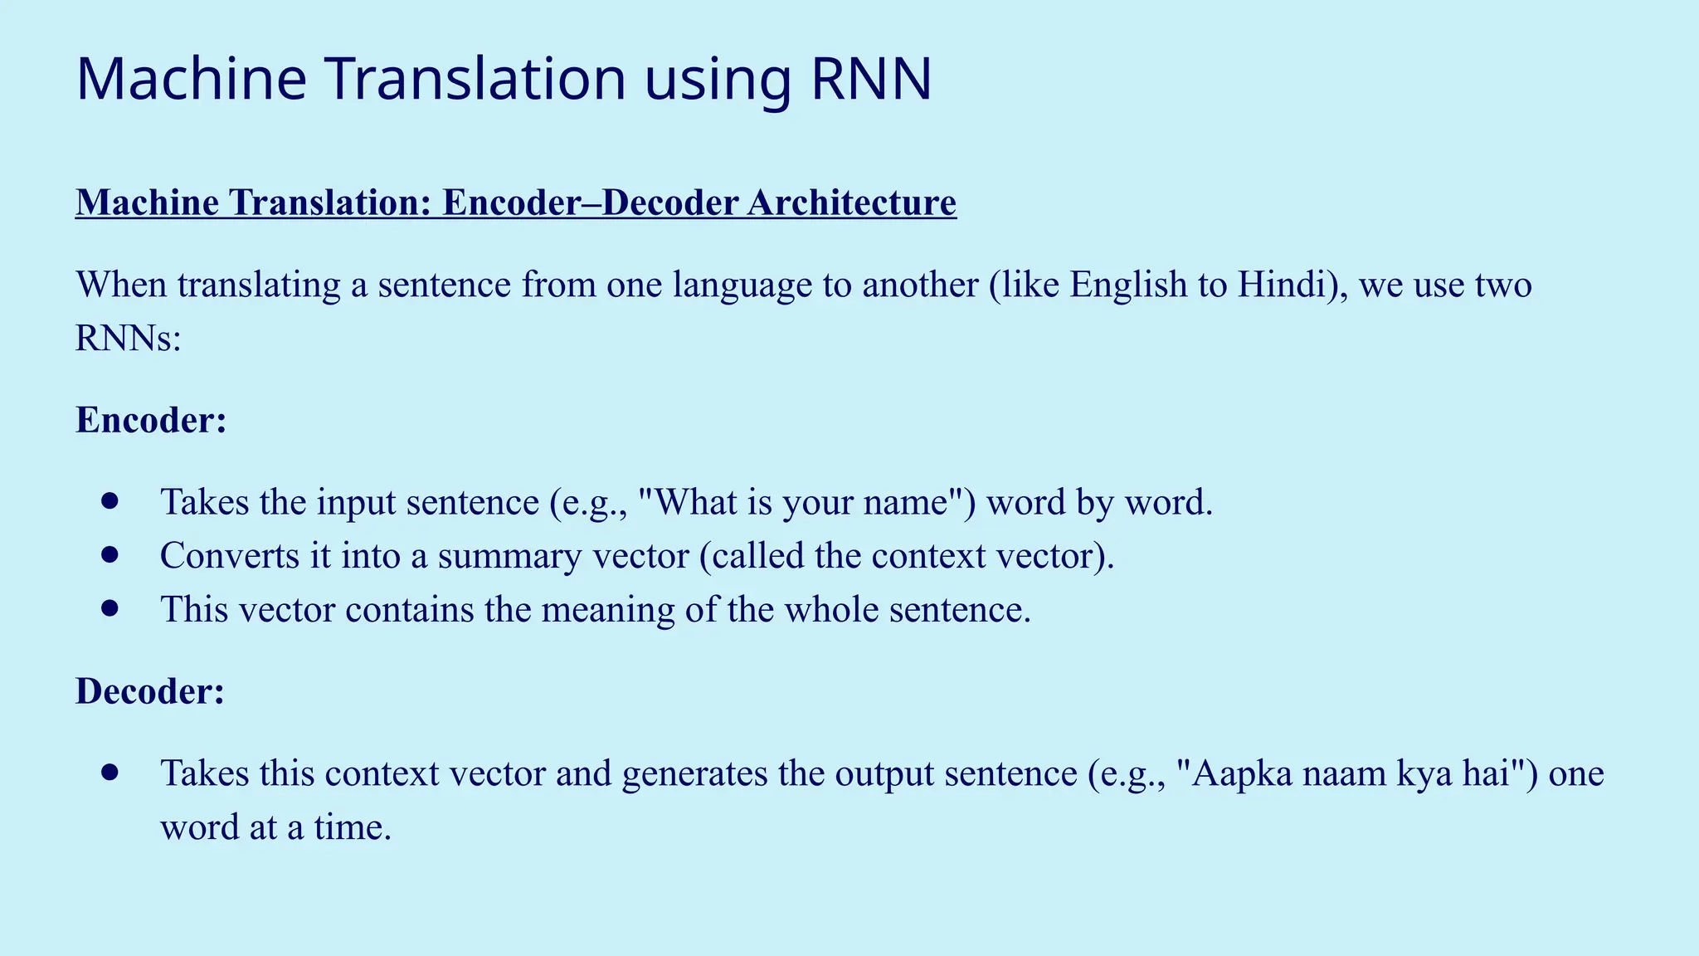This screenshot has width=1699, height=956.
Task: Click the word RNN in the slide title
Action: [x=871, y=80]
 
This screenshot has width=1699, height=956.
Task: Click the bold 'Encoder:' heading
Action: [x=151, y=420]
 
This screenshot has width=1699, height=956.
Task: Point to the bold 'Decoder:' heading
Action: [x=150, y=691]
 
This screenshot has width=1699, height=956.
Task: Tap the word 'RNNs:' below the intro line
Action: [x=128, y=339]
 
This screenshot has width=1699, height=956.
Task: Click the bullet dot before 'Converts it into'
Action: [x=110, y=554]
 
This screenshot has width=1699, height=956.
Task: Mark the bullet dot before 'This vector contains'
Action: [x=110, y=608]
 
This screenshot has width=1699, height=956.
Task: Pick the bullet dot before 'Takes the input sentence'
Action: [x=110, y=500]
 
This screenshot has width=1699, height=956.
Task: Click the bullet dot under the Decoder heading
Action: [x=110, y=772]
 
